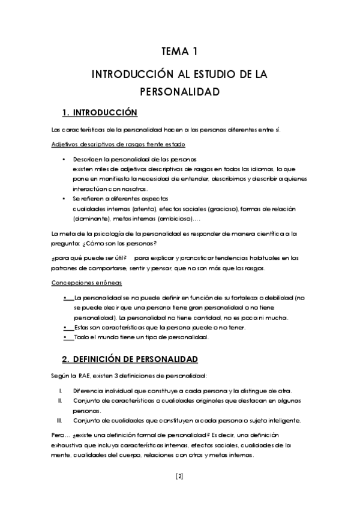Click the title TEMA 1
click(179, 52)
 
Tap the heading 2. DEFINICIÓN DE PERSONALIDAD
click(130, 359)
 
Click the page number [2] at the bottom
click(179, 477)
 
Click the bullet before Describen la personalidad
click(64, 160)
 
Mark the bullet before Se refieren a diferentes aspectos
click(64, 199)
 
